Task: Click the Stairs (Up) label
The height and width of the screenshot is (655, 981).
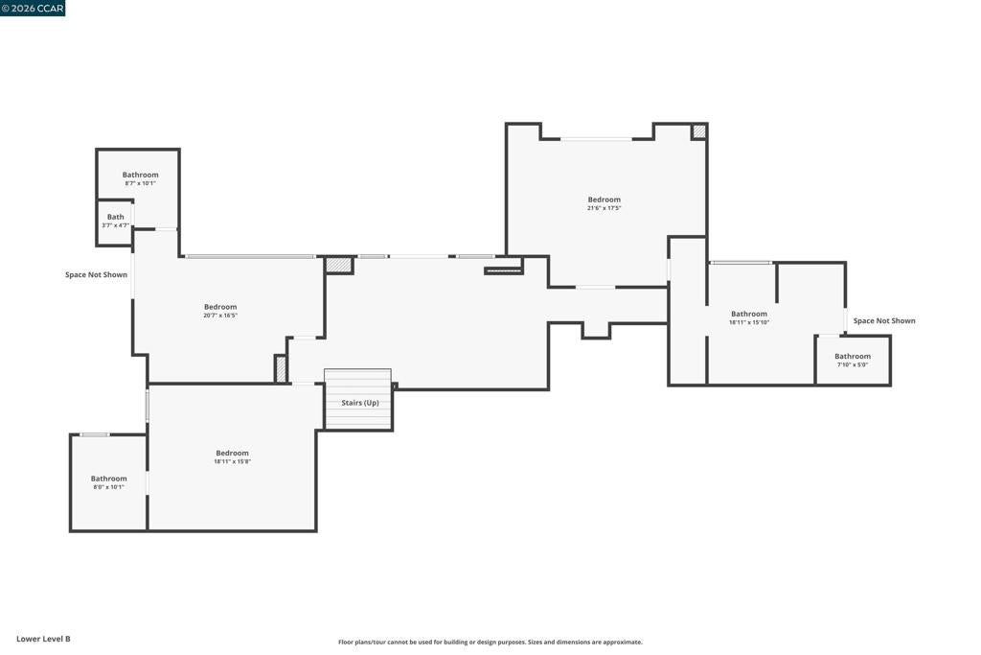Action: tap(360, 403)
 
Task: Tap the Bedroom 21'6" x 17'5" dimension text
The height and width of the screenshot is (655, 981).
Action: tap(604, 208)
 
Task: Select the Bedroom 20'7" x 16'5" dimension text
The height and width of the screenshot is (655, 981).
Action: tap(220, 316)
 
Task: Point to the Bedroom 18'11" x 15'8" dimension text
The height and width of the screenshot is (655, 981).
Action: tap(232, 461)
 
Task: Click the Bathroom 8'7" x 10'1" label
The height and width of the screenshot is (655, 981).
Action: tap(140, 178)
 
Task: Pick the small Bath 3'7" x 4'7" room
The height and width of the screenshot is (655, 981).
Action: tap(115, 222)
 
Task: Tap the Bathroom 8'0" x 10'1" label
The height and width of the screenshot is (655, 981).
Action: tap(109, 482)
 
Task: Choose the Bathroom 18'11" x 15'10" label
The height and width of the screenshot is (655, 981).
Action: tap(749, 317)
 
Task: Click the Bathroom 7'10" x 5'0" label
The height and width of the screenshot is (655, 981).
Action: tap(852, 360)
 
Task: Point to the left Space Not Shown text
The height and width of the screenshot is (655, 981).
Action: tap(97, 275)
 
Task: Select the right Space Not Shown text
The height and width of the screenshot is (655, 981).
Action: tap(884, 320)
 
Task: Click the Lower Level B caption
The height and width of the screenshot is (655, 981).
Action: tap(43, 639)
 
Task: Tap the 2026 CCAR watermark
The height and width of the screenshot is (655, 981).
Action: tap(33, 8)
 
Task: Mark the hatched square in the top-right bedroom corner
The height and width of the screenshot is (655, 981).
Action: tap(698, 131)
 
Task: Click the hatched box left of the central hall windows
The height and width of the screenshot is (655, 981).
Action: tap(338, 265)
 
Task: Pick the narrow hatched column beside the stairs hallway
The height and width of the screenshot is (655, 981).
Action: tap(281, 369)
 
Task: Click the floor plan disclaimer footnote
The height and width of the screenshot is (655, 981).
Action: tap(490, 642)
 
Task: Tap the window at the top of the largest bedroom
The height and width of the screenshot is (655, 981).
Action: tap(596, 138)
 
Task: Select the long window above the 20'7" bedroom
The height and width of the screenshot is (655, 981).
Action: tap(250, 256)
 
